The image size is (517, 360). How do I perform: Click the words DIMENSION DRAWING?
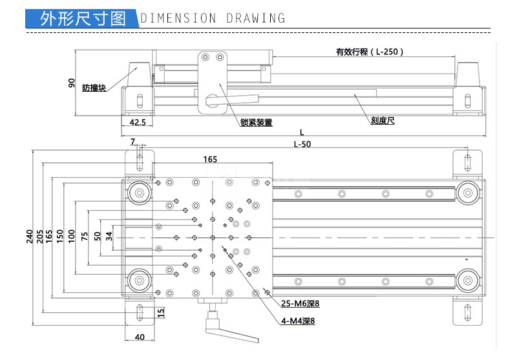tap(213, 18)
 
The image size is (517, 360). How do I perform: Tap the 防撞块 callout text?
tap(94, 88)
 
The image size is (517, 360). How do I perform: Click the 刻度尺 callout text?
tap(383, 120)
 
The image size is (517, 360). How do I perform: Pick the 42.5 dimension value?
tap(137, 122)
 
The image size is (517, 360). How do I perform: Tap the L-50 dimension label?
tap(302, 144)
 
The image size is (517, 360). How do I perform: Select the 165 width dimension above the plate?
tap(210, 160)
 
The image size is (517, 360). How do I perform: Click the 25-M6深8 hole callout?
tap(301, 304)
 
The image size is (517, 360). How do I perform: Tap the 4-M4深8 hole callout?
tap(298, 321)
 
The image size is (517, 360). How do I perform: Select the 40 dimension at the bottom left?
tap(139, 337)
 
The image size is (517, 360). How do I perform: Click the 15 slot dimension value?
tap(162, 313)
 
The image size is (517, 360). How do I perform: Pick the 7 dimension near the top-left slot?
tap(133, 142)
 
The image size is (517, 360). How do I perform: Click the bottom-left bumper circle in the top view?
tap(138, 281)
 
